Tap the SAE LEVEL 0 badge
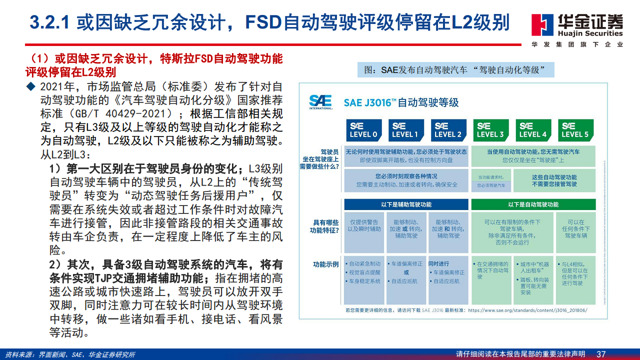[x=363, y=130]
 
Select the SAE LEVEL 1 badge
[x=405, y=130]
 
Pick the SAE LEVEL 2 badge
[x=448, y=130]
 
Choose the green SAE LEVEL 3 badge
[x=490, y=130]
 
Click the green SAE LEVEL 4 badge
[x=533, y=130]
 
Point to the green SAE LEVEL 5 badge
[x=575, y=130]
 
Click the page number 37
[x=601, y=354]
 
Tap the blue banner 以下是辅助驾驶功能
[x=406, y=204]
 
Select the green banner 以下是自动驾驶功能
[x=533, y=204]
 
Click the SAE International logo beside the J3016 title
[x=320, y=101]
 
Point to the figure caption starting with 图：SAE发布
[x=455, y=70]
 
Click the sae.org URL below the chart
[x=527, y=310]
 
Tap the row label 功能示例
[x=326, y=264]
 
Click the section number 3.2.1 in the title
[x=52, y=22]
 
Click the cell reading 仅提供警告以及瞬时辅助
[x=363, y=225]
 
